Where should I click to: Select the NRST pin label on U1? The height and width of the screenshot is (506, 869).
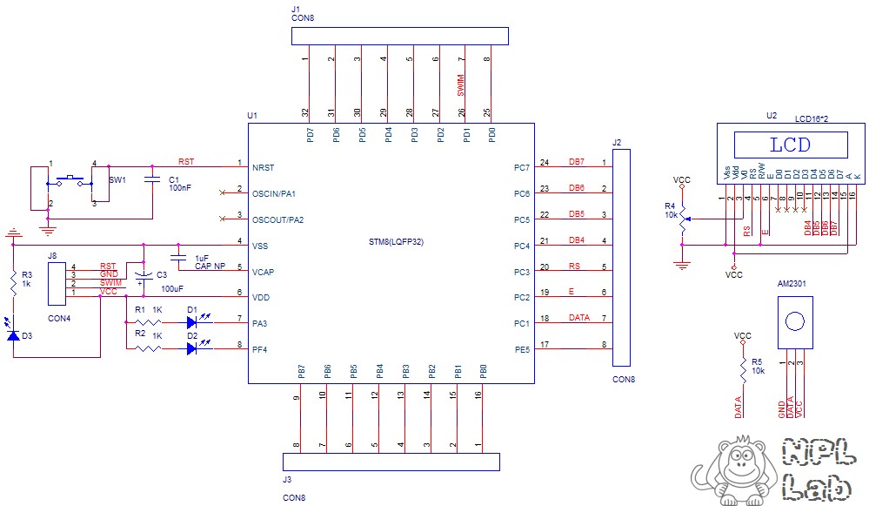(x=264, y=166)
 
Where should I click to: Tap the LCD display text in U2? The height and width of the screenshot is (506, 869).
(x=790, y=144)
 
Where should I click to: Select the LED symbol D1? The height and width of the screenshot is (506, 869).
(x=192, y=322)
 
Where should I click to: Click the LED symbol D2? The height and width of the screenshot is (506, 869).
(x=192, y=348)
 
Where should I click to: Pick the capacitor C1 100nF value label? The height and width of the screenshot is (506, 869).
(x=180, y=187)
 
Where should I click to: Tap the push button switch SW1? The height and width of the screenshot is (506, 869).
(x=70, y=181)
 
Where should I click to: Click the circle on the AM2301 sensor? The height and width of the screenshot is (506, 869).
(x=794, y=321)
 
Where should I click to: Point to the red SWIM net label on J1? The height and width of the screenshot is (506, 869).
(x=461, y=84)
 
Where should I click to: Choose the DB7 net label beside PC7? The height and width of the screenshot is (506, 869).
(x=576, y=162)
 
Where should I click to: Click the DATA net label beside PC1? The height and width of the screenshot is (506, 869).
(x=578, y=318)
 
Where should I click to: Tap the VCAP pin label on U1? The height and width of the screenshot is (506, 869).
(x=263, y=272)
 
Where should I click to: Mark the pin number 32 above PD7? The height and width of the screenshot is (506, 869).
(x=304, y=113)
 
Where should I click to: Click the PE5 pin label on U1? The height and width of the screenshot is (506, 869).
(x=521, y=349)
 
